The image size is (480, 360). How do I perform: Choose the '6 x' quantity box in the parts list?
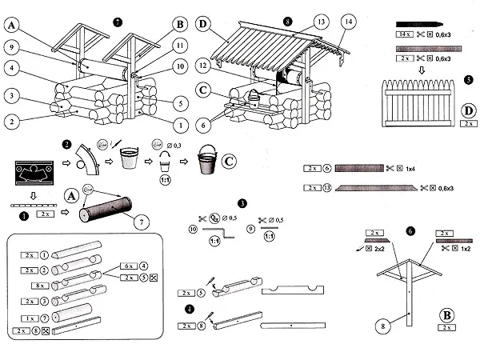pyautogui.click(x=127, y=265)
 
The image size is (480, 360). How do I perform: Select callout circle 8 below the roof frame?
pyautogui.click(x=386, y=326)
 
